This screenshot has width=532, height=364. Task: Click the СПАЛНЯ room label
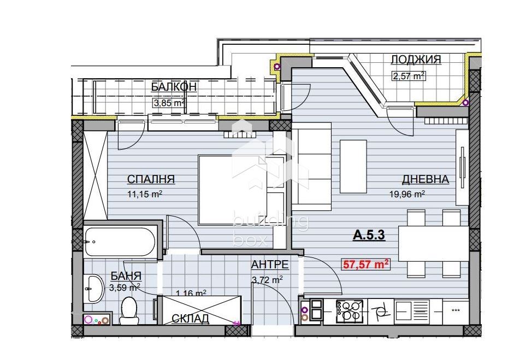pyautogui.click(x=151, y=179)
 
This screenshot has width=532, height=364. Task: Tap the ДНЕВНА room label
pyautogui.click(x=425, y=179)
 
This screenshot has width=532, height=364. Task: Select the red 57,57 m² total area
pyautogui.click(x=366, y=264)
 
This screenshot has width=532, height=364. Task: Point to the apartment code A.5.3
pyautogui.click(x=369, y=234)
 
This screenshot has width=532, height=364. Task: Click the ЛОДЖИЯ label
pyautogui.click(x=416, y=60)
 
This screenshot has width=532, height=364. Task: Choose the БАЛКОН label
pyautogui.click(x=174, y=86)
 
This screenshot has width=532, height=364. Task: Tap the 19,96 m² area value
pyautogui.click(x=407, y=194)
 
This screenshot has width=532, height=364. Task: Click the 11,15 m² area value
pyautogui.click(x=145, y=194)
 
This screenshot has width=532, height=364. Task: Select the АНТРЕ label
pyautogui.click(x=270, y=264)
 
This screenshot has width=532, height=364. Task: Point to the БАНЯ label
pyautogui.click(x=126, y=276)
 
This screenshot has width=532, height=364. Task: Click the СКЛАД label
pyautogui.click(x=190, y=319)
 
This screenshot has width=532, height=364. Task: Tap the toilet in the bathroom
pyautogui.click(x=129, y=310)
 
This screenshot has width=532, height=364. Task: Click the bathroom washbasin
pyautogui.click(x=94, y=288)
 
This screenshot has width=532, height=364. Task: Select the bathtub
pyautogui.click(x=121, y=242)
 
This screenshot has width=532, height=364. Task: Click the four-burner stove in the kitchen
pyautogui.click(x=349, y=312)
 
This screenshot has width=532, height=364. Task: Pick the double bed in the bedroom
pyautogui.click(x=243, y=190)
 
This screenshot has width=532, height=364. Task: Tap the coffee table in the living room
pyautogui.click(x=353, y=166)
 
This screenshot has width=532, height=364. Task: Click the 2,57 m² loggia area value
pyautogui.click(x=409, y=75)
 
